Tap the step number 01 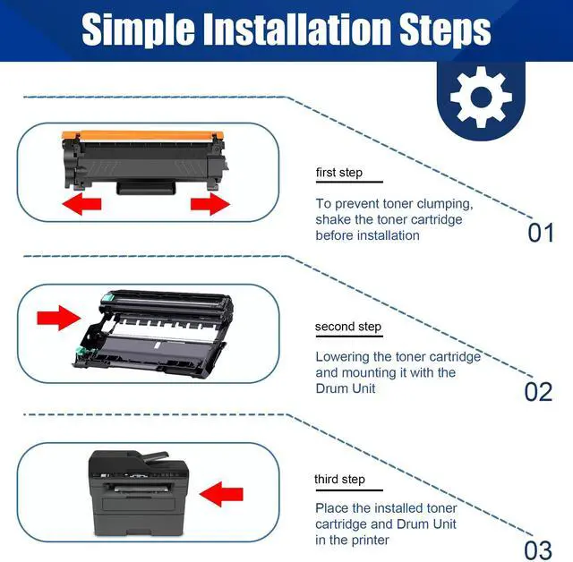click(541, 234)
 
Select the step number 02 click(539, 392)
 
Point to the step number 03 click(539, 548)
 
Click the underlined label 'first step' click(338, 173)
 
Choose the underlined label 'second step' click(348, 327)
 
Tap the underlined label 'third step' click(339, 480)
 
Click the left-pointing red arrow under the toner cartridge click(81, 206)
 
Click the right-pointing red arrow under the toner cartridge click(210, 206)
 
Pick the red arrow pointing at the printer click(221, 491)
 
